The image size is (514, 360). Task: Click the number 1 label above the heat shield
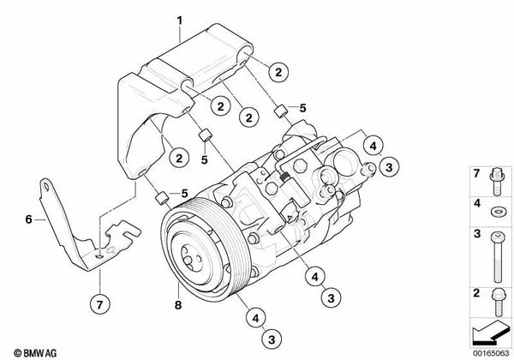(180, 18)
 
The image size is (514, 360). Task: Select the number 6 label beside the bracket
(28, 219)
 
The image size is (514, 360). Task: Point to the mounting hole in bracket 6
(100, 255)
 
